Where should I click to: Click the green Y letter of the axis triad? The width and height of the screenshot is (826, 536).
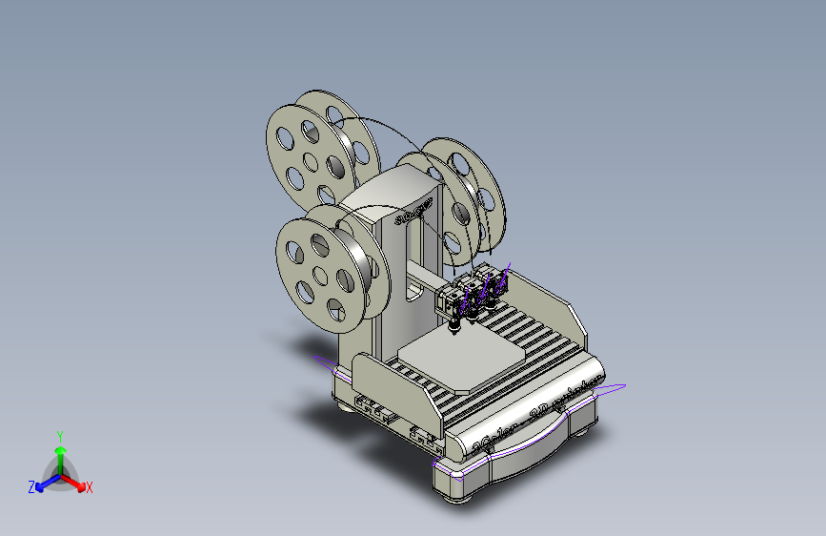(59, 434)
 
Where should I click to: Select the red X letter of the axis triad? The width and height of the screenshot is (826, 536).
(90, 487)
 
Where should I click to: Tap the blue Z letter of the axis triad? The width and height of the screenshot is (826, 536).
(31, 486)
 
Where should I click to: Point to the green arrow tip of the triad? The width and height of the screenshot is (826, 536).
(60, 449)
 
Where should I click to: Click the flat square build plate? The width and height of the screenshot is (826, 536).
(461, 361)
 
